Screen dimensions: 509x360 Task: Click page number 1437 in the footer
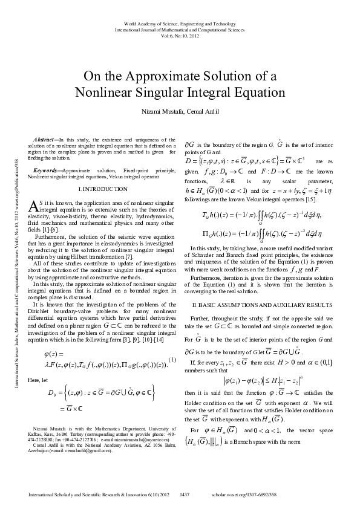(185, 495)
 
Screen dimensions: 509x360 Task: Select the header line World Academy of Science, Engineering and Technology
(180, 23)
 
